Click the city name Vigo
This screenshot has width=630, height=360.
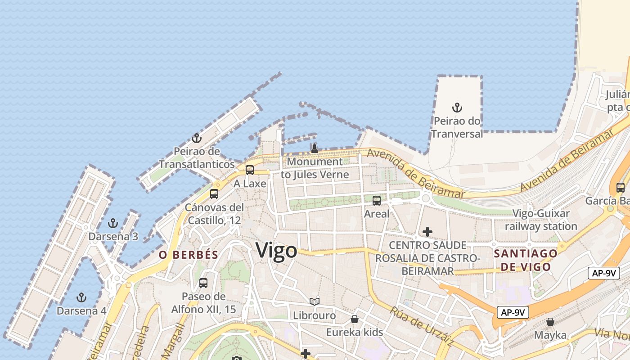pos(276,251)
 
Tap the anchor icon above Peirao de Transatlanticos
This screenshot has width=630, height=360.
pos(196,138)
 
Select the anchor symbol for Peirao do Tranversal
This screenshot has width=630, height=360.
pos(457,108)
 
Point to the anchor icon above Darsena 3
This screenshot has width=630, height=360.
pos(113,223)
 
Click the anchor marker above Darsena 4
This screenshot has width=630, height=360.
pos(81,297)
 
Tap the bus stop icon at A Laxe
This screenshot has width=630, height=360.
pos(250,170)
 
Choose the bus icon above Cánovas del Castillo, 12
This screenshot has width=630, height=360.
pos(214,194)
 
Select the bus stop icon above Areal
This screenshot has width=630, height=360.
pos(377,201)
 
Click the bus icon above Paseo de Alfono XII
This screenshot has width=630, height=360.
pos(203,283)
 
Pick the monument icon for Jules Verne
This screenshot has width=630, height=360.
pos(315,148)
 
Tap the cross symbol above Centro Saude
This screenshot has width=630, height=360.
pos(427,232)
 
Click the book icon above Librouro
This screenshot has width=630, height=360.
pos(315,302)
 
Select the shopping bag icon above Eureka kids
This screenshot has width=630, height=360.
pos(355,319)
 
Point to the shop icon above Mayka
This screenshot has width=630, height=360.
pos(550,322)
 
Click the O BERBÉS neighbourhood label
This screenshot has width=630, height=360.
pos(189,255)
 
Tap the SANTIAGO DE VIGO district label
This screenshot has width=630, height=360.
pos(526,260)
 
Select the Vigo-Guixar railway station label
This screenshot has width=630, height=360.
pos(541,220)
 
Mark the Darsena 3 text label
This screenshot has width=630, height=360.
pos(113,236)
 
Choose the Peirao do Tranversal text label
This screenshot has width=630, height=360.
pos(457,127)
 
